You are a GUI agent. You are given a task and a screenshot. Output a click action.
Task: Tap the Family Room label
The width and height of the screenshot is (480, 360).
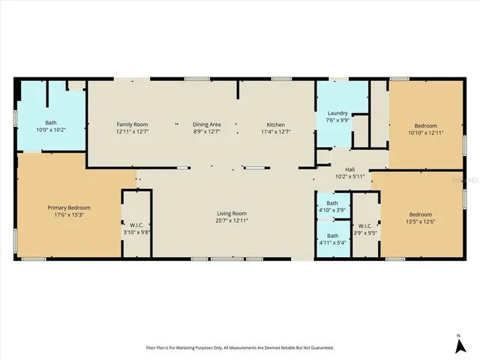pos(132,124)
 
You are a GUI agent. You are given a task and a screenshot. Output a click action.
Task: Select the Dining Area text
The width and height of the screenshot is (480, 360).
pos(206,124)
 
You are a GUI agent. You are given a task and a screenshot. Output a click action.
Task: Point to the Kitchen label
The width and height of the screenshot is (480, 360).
pos(276,124)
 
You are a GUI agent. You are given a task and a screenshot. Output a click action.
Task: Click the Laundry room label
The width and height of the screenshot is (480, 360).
pos(337,112)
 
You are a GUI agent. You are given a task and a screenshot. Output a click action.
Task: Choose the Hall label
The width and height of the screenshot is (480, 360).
pos(349,170)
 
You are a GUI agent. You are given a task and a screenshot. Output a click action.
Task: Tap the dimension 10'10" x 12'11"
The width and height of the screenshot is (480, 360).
pos(425,132)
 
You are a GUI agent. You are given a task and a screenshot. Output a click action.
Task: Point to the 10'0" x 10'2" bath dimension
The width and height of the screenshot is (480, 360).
pos(51,130)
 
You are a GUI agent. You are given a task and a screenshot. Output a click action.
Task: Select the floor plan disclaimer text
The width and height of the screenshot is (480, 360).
pos(239,347)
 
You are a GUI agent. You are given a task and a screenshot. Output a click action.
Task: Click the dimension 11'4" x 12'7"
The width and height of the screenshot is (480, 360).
pos(276,131)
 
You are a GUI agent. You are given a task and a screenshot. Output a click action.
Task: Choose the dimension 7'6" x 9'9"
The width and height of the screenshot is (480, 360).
pos(337,120)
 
